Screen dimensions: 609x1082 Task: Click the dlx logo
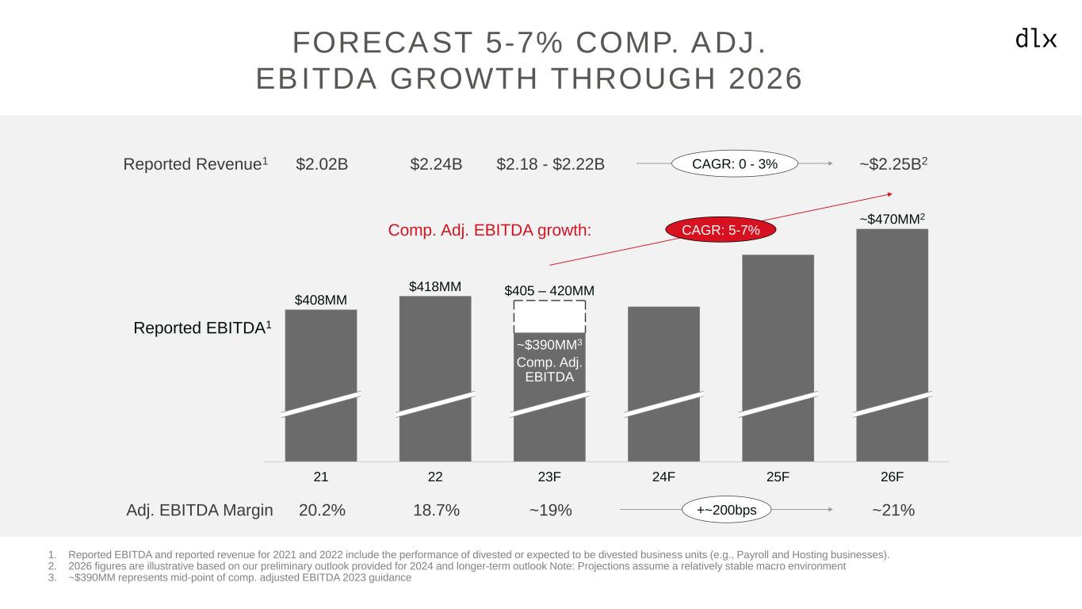coord(1036,39)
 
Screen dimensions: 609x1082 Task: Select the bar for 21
coord(321,357)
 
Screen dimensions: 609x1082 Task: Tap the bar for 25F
coord(778,333)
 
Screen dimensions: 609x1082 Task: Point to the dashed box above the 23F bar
coord(549,316)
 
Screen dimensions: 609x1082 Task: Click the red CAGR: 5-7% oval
coord(721,230)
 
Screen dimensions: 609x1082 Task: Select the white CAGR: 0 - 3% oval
coord(734,164)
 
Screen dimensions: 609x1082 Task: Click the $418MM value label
coord(435,286)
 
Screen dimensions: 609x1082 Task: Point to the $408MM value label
coord(321,300)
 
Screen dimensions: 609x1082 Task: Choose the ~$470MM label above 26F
coord(892,219)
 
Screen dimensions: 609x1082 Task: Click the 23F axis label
coord(549,477)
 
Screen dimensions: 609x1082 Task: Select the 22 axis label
coord(435,477)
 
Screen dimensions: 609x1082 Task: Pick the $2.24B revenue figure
coord(436,164)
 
